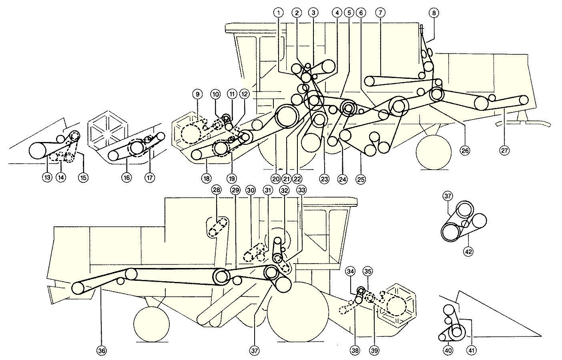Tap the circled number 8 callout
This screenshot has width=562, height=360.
pos(434,13)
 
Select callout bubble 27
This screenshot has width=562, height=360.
pos(504,151)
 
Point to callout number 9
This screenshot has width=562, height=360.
pos(197,94)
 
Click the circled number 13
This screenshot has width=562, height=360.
pos(47,178)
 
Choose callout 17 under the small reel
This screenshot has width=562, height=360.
pos(150,178)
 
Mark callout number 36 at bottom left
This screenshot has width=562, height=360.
pos(102,351)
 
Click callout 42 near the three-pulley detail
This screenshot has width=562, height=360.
pos(468,252)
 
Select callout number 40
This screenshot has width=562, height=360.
pos(448,351)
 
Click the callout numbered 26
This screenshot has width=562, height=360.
pos(465,151)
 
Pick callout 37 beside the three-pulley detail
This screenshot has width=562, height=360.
pos(448,196)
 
